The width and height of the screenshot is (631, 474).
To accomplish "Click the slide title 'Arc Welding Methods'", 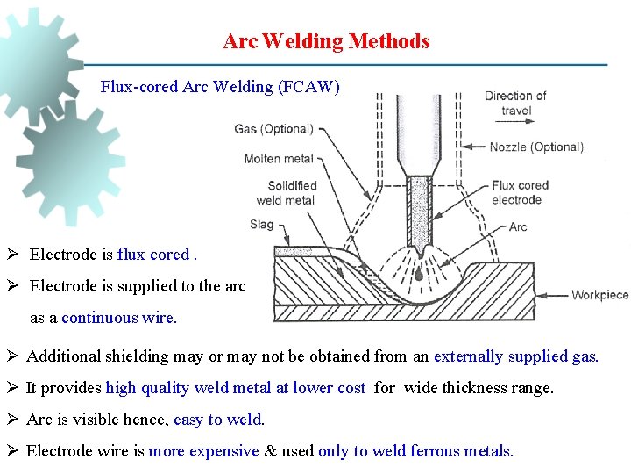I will pyautogui.click(x=326, y=41).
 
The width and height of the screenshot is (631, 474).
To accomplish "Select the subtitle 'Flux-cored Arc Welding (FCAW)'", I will pyautogui.click(x=220, y=87).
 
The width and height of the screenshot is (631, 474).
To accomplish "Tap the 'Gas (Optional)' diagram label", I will pyautogui.click(x=273, y=129).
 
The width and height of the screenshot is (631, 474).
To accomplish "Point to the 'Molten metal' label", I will pyautogui.click(x=279, y=159).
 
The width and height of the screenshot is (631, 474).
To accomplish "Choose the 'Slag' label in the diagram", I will pyautogui.click(x=261, y=225).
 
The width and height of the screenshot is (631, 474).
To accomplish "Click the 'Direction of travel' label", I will pyautogui.click(x=515, y=103).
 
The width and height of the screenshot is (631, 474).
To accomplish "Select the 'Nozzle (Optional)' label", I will pyautogui.click(x=536, y=147).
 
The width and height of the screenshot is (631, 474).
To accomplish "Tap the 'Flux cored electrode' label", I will pyautogui.click(x=520, y=192).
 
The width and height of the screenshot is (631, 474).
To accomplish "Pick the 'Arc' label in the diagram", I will pyautogui.click(x=518, y=226).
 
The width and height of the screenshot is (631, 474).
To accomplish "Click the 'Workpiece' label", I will pyautogui.click(x=600, y=295).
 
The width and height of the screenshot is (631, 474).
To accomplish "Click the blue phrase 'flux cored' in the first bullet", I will pyautogui.click(x=153, y=255).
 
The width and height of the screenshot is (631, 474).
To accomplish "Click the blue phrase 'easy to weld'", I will pyautogui.click(x=217, y=420).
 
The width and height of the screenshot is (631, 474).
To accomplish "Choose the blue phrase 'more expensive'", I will pyautogui.click(x=203, y=451).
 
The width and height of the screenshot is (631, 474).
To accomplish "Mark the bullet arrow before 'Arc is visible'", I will pyautogui.click(x=15, y=420).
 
